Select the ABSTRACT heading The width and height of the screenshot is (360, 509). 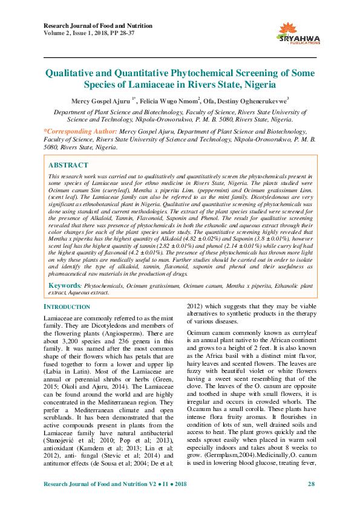pyautogui.click(x=68, y=165)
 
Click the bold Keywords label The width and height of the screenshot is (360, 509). pyautogui.click(x=64, y=284)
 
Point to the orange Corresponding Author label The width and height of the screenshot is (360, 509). pyautogui.click(x=81, y=131)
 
